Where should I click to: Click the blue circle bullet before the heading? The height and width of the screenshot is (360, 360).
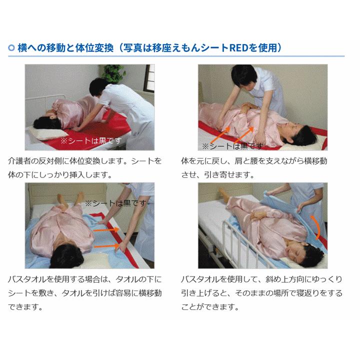click(x=11, y=48)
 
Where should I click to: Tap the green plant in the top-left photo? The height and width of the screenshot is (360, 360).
click(x=114, y=73)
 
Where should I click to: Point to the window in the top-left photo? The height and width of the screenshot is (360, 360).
click(x=149, y=78)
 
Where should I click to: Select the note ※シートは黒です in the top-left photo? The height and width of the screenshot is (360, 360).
click(x=91, y=140)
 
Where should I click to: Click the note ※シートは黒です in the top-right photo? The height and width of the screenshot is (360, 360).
click(x=232, y=146)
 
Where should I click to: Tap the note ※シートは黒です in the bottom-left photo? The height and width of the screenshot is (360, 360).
click(x=115, y=203)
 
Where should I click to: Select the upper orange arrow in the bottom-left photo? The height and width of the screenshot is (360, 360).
click(x=106, y=229)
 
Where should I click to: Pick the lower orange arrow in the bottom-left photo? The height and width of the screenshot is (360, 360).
click(x=106, y=246)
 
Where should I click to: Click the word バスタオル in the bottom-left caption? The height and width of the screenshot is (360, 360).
click(x=27, y=279)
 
